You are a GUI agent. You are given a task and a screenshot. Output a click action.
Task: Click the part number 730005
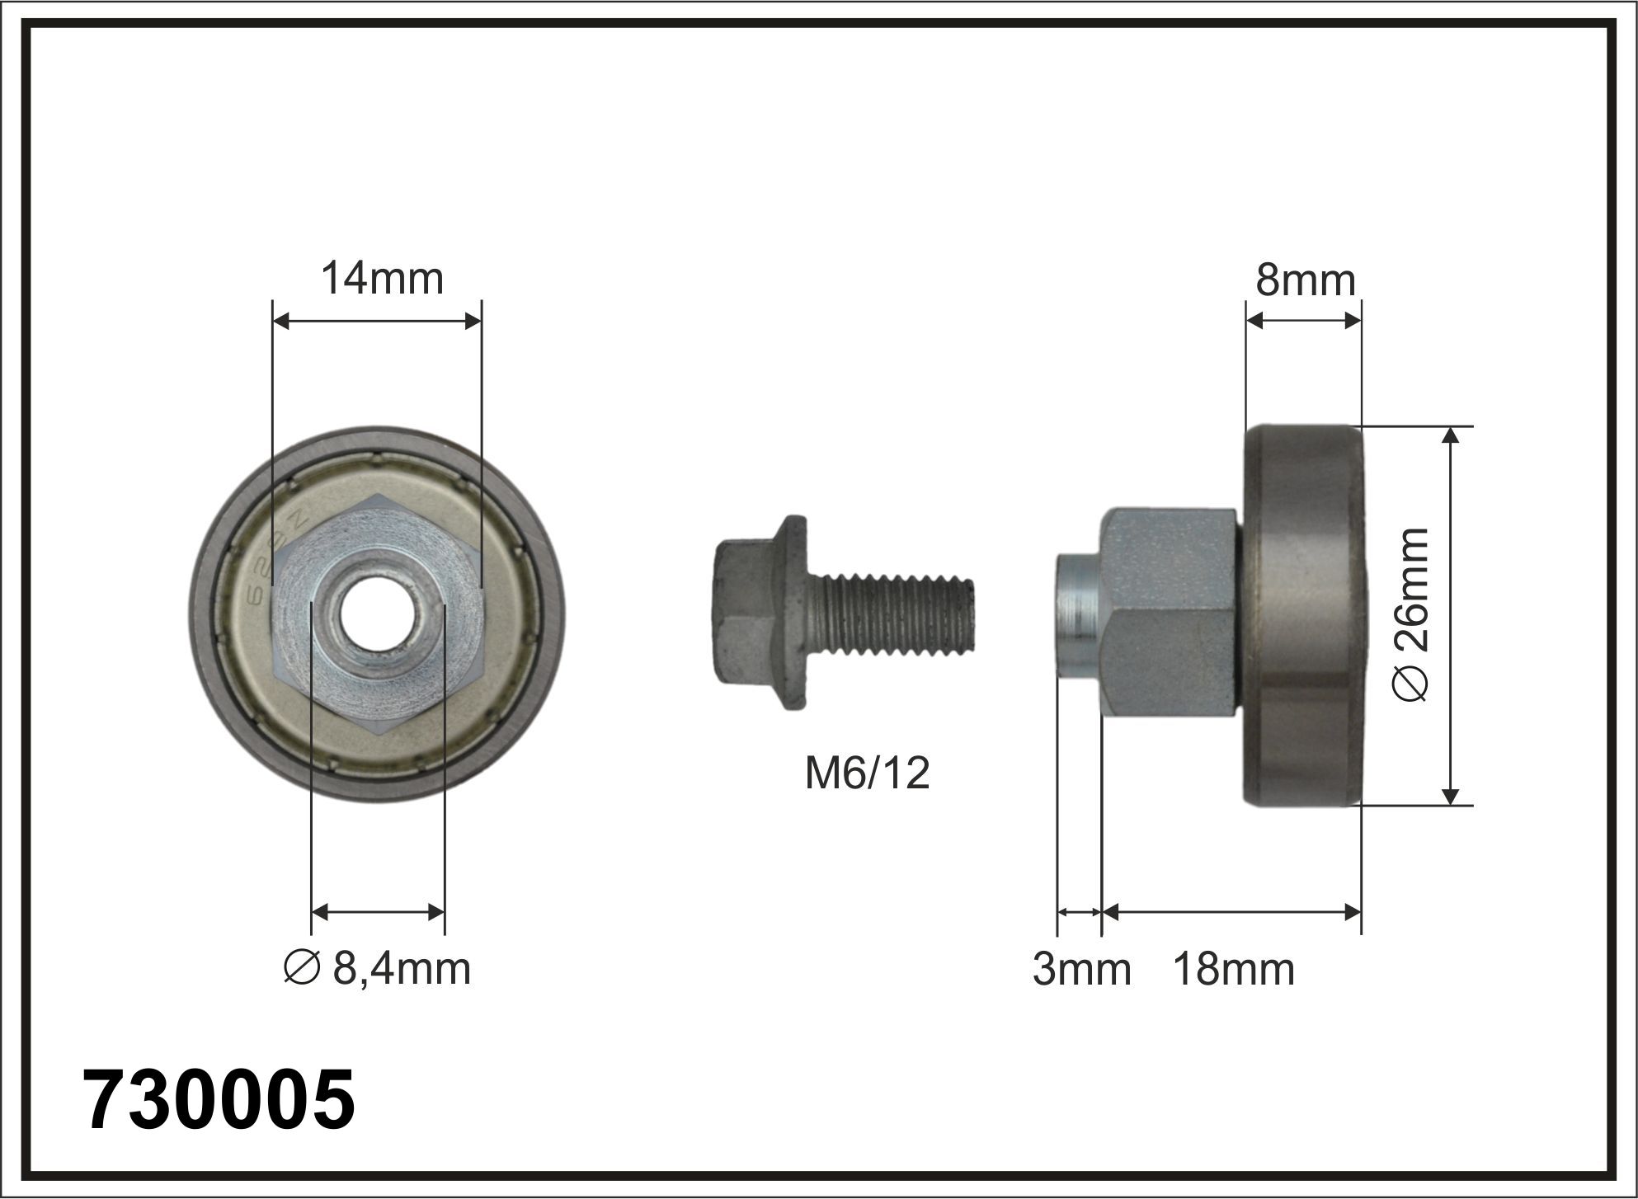[219, 1100]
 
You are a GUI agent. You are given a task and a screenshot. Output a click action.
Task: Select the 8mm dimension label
[1306, 280]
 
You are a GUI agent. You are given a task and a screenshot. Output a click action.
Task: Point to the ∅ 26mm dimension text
[1410, 614]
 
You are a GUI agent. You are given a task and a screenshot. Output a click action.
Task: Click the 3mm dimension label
[1081, 970]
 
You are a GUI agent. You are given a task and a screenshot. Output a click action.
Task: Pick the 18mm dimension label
[1233, 970]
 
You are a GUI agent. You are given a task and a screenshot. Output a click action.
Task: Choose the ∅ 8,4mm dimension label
[376, 969]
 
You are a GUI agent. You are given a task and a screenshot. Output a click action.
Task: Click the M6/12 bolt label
[867, 773]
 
